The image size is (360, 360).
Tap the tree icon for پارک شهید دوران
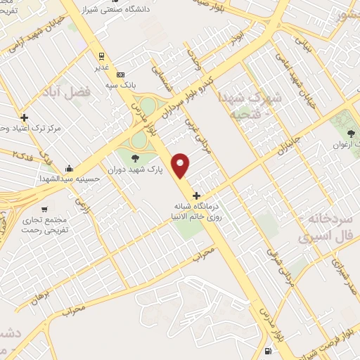[x=135, y=157]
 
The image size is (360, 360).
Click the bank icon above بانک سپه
[x=121, y=75]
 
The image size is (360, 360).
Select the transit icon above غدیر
[x=102, y=56]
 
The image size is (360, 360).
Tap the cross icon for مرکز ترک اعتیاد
[x=25, y=117]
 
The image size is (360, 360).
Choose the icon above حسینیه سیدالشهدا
[x=69, y=169]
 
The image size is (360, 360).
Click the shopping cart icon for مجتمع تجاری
[x=45, y=209]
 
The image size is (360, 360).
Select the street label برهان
[x=40, y=295]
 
